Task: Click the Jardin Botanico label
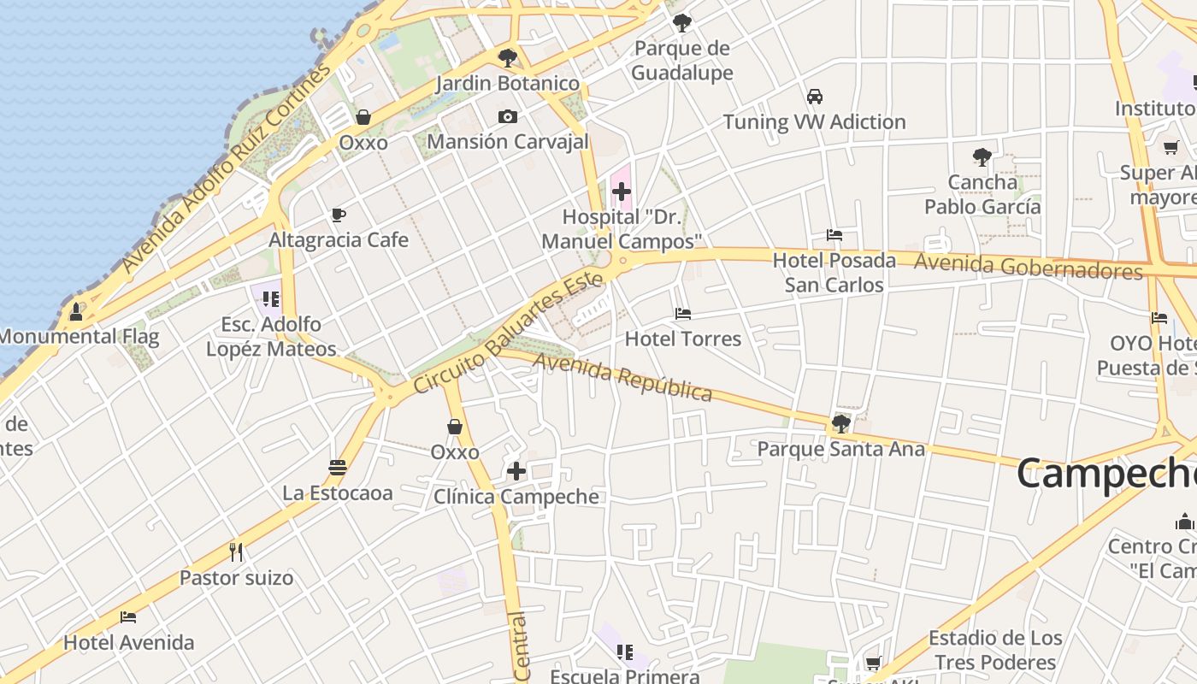508,84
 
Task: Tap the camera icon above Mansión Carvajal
508,117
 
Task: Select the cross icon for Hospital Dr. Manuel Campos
622,192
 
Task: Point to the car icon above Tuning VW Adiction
815,97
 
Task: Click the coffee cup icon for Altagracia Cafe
339,215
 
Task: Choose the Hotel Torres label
683,339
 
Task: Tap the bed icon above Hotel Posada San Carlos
834,235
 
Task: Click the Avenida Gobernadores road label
1028,267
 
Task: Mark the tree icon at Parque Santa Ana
841,423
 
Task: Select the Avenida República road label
622,377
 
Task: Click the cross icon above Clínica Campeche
516,471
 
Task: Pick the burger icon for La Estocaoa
338,468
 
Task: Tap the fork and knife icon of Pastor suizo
237,552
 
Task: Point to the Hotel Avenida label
129,642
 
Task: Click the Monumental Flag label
79,336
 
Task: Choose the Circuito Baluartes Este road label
508,333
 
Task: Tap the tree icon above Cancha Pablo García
982,157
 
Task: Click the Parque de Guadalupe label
682,61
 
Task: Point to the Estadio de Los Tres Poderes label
995,650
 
